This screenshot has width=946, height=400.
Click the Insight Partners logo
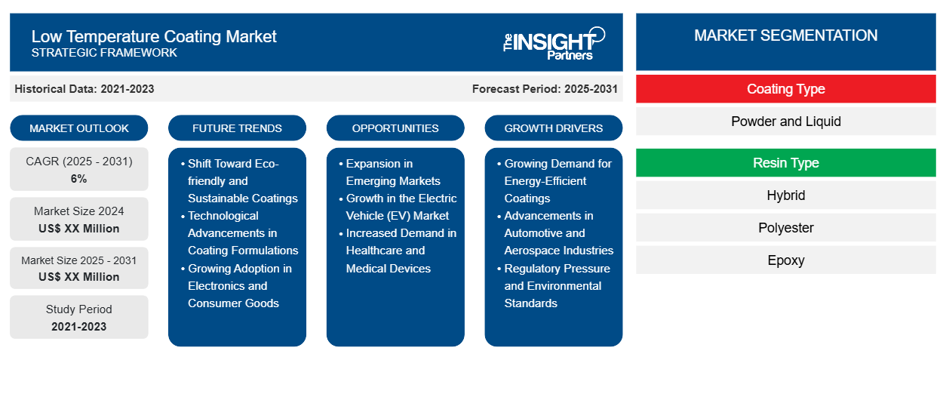click(x=553, y=43)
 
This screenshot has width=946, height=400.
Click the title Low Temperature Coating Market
click(x=154, y=35)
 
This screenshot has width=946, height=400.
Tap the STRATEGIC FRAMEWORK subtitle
click(x=104, y=53)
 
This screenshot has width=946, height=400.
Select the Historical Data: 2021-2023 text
click(x=84, y=89)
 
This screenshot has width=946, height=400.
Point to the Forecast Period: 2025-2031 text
click(x=545, y=89)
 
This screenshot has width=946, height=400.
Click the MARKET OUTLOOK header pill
click(x=79, y=128)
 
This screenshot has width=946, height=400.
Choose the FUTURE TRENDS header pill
click(x=237, y=128)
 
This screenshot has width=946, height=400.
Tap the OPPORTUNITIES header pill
click(x=395, y=128)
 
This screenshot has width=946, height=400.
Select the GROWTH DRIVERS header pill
click(x=554, y=128)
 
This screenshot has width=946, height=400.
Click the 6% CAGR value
click(x=79, y=179)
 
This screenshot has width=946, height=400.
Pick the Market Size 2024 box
click(x=79, y=219)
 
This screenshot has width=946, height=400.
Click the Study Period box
click(x=79, y=317)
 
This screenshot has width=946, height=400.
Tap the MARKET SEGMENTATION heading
click(x=785, y=35)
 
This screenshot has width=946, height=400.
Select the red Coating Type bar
click(x=785, y=89)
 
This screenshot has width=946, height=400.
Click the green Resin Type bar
click(x=785, y=163)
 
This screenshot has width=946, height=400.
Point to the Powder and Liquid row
click(x=785, y=122)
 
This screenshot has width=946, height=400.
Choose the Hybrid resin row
click(x=785, y=195)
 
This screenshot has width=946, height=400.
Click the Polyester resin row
click(x=785, y=228)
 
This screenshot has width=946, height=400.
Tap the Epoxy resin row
click(x=785, y=260)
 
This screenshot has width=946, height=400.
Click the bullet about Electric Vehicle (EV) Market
click(x=401, y=207)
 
